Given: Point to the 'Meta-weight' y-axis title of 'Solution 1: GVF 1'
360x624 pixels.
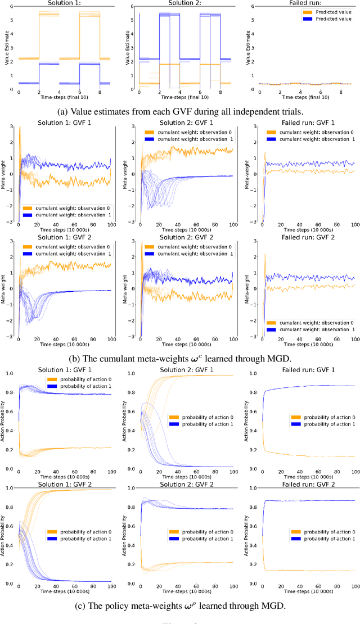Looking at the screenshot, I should (4, 175).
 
